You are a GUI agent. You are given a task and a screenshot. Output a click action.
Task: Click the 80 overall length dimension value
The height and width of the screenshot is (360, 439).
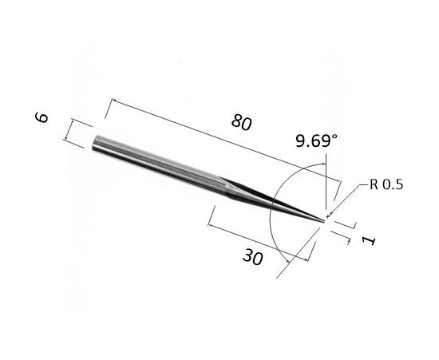[241, 122]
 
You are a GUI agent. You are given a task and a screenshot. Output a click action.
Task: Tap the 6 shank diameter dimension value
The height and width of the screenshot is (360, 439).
[42, 117]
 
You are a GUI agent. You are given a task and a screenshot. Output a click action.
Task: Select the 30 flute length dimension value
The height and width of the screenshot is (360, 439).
[252, 257]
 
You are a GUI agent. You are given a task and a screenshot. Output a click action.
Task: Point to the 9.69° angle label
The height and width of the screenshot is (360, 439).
[316, 140]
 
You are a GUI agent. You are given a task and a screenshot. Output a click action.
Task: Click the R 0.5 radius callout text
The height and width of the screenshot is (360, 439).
[386, 184]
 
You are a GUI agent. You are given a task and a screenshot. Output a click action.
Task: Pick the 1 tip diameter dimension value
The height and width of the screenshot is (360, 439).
[369, 240]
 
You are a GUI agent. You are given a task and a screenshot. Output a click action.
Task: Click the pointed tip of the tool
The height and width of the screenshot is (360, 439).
[325, 221]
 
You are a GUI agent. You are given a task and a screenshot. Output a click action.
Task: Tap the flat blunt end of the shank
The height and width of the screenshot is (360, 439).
[95, 143]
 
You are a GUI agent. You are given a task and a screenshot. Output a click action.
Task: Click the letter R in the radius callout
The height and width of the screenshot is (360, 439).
[374, 184]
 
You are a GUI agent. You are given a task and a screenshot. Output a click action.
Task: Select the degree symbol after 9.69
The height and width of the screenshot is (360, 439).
[334, 136]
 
